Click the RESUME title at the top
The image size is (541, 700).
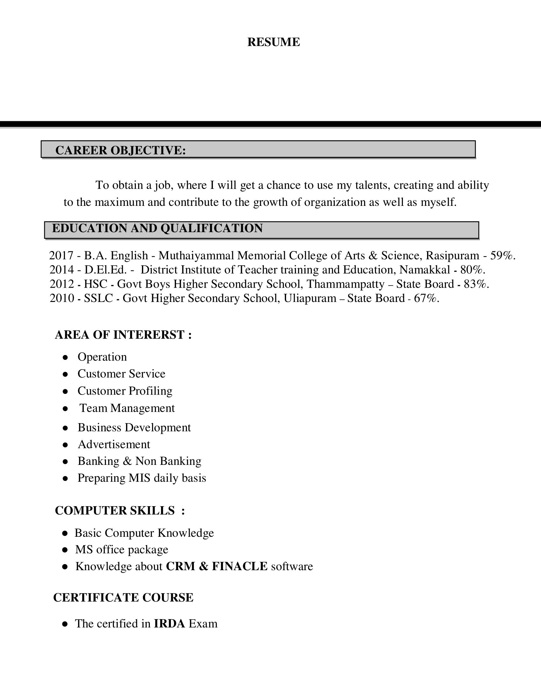pos(273,42)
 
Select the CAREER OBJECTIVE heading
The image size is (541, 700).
pos(121,150)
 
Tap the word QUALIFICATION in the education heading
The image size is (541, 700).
pos(212,228)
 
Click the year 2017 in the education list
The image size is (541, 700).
pos(61,255)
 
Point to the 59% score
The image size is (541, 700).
pos(502,255)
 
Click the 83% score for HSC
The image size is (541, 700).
pos(476,284)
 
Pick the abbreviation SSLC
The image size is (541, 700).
pos(98,298)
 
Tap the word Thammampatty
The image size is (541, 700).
pos(346,284)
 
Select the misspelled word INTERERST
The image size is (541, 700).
pos(149,335)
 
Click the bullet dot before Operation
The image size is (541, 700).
pos(65,357)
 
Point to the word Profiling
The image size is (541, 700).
pos(150,391)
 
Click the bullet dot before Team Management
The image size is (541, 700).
pos(65,409)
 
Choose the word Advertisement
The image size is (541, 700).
pos(114,444)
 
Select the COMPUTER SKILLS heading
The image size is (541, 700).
pos(115,511)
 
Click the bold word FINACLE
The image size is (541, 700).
pos(240,566)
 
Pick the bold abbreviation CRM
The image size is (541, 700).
pos(180,566)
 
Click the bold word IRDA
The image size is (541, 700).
pos(170,623)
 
